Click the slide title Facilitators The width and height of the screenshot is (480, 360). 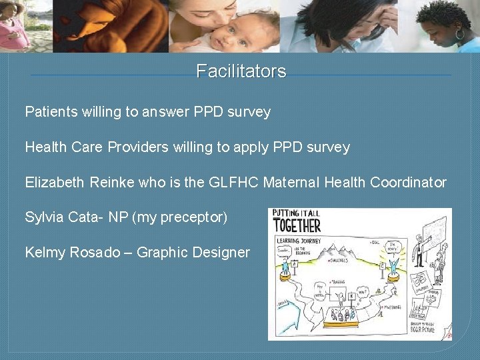point(241,71)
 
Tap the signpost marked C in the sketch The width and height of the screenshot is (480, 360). point(384,266)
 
